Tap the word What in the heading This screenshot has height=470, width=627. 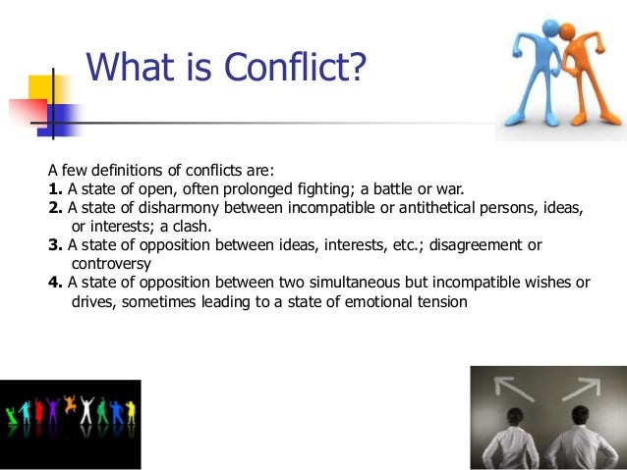point(132,68)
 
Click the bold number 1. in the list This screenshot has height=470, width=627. point(55,188)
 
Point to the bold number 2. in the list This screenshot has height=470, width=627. point(55,208)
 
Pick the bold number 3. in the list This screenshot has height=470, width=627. point(55,245)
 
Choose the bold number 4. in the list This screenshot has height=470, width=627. point(55,283)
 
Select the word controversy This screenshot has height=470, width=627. point(111,264)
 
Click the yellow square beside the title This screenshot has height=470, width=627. point(44,93)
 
